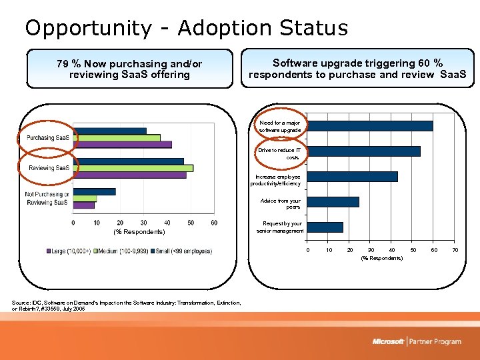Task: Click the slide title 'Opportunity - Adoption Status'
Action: point(186,28)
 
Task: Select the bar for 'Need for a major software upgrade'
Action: point(371,125)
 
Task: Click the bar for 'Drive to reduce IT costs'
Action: point(365,151)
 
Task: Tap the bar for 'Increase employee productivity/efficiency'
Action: point(353,177)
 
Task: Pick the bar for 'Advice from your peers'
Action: point(334,202)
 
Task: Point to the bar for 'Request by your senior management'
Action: point(326,227)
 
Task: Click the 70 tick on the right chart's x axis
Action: point(455,250)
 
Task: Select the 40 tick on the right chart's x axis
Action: point(391,250)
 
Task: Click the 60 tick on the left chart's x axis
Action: point(213,223)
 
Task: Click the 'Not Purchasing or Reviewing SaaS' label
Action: point(47,198)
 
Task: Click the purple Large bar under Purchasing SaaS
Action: point(123,145)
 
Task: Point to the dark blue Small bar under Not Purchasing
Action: point(95,191)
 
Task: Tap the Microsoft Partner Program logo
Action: point(417,341)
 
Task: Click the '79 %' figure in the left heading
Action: point(68,64)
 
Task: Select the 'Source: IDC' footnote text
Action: point(127,306)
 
